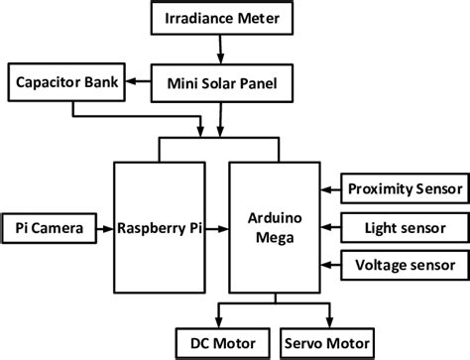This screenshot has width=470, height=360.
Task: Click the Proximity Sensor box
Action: pyautogui.click(x=404, y=188)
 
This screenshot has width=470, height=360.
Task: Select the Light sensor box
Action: pyautogui.click(x=404, y=227)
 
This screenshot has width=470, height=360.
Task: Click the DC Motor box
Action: pyautogui.click(x=217, y=342)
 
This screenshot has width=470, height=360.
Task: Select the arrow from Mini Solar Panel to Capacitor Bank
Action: pyautogui.click(x=136, y=83)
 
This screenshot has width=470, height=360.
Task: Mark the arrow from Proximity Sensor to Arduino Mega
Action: pyautogui.click(x=326, y=188)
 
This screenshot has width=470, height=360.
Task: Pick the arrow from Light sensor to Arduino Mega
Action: pyautogui.click(x=326, y=227)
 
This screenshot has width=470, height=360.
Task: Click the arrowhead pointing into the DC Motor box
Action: pyautogui.click(x=217, y=320)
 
